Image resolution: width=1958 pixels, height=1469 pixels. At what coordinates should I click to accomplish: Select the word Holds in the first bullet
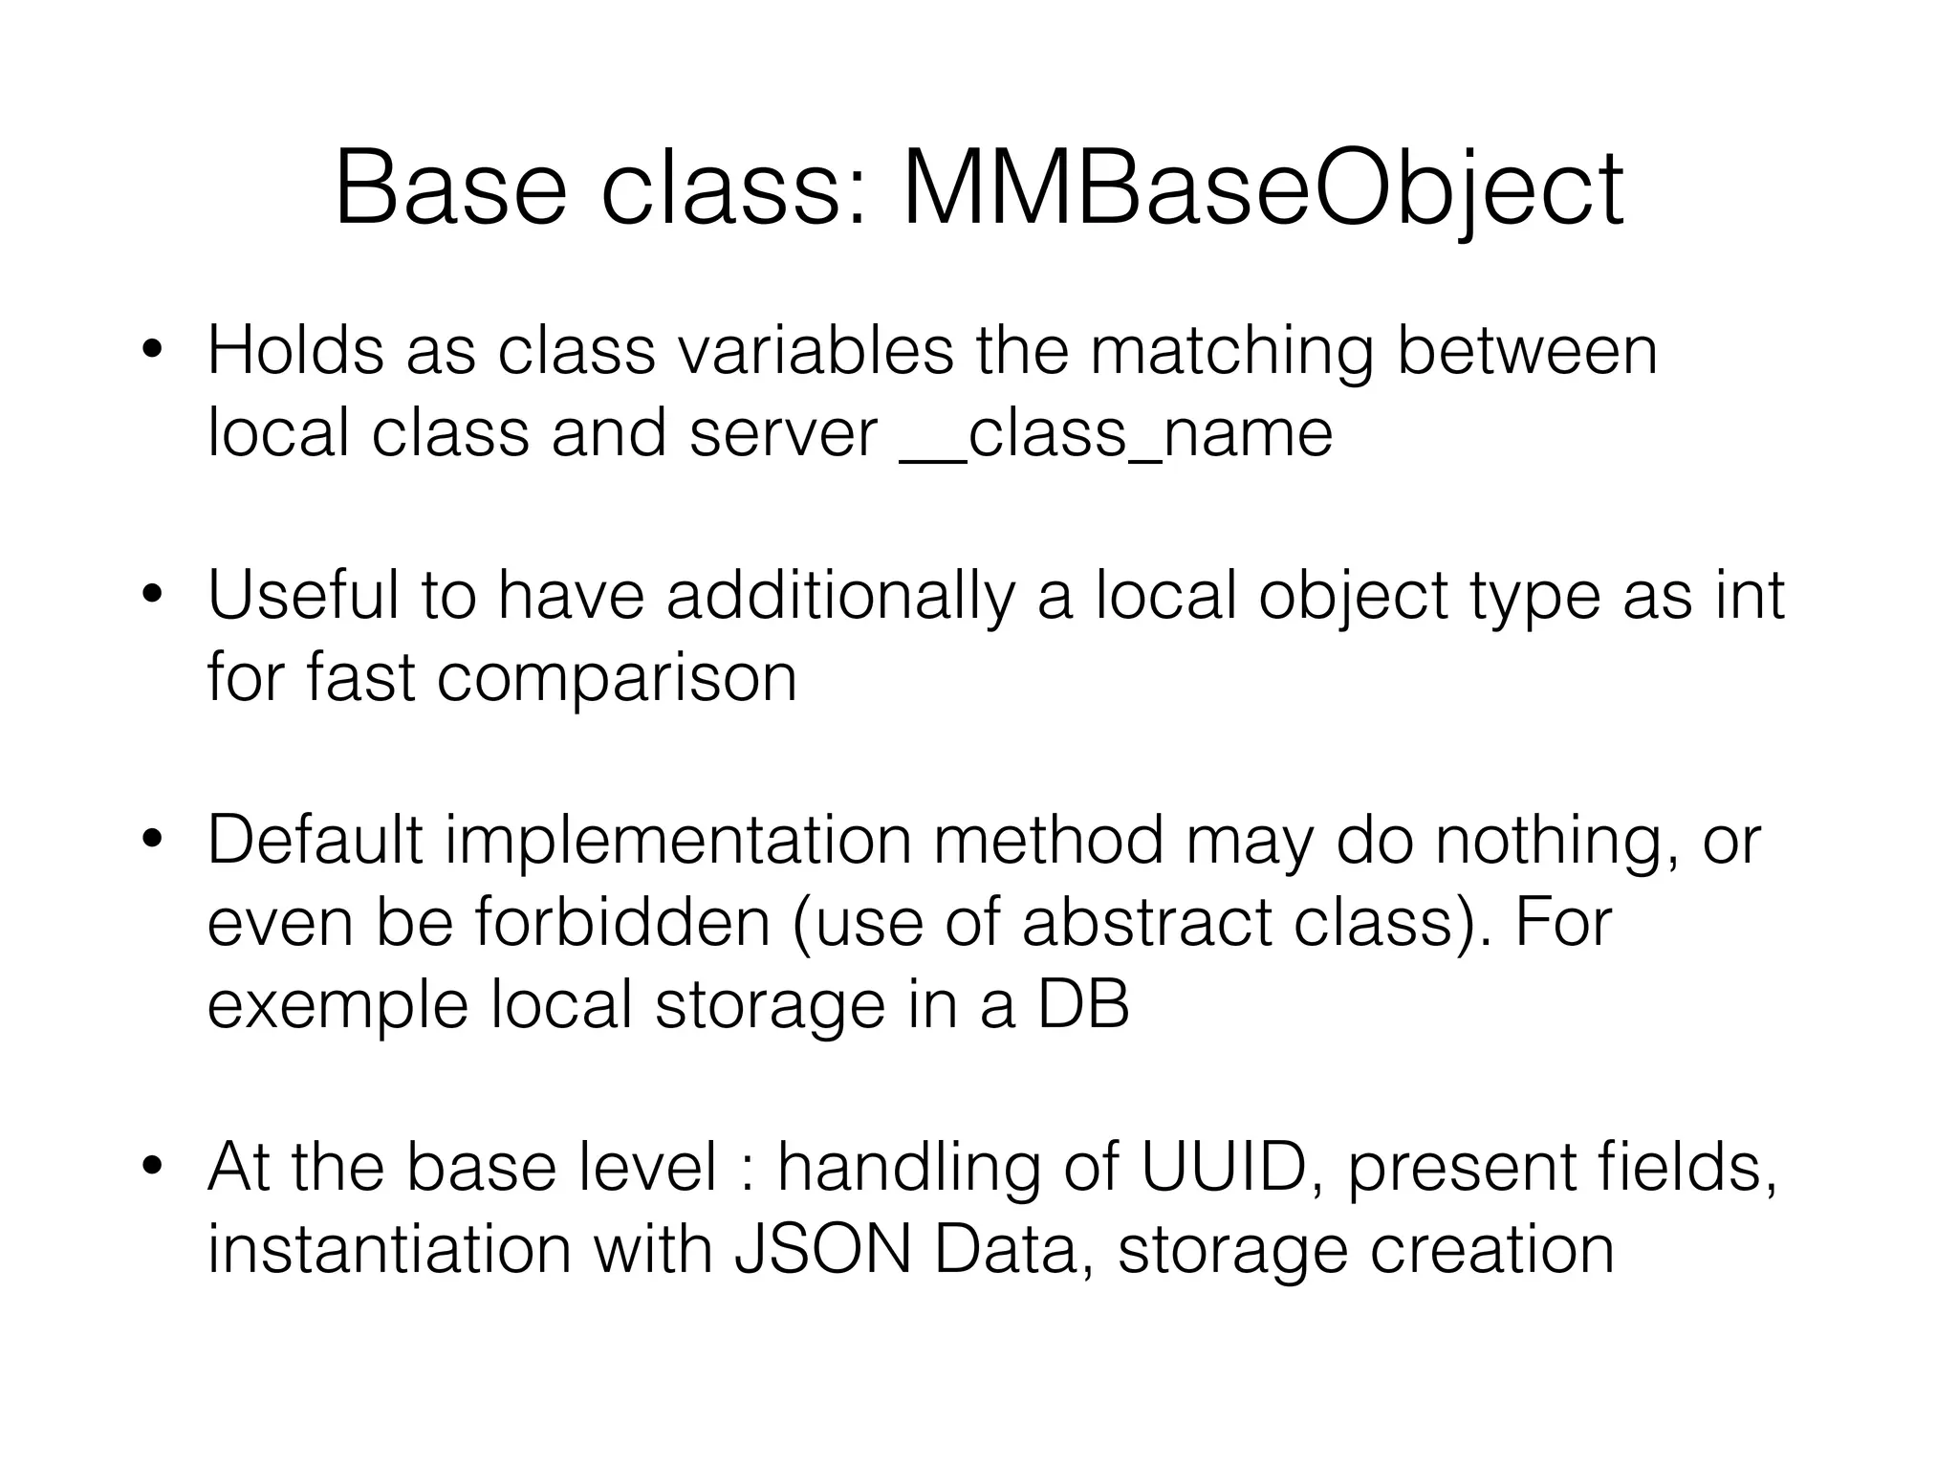click(x=294, y=351)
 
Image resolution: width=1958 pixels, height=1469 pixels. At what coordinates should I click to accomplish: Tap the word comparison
click(x=617, y=679)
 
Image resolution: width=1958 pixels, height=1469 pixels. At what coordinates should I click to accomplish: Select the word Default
click(x=315, y=841)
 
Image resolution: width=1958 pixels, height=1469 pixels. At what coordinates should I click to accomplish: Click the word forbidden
click(x=622, y=924)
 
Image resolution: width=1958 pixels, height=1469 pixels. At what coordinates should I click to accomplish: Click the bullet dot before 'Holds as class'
click(x=150, y=351)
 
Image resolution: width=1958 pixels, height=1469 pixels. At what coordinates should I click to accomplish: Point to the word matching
click(x=1231, y=351)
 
